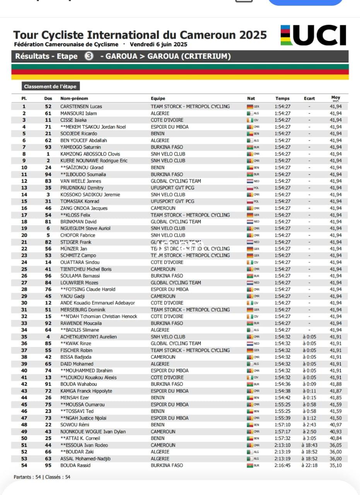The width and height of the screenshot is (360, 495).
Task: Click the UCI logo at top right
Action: (x=313, y=36)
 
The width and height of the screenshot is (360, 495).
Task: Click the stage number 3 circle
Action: (x=89, y=56)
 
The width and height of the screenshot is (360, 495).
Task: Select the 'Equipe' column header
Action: (x=158, y=99)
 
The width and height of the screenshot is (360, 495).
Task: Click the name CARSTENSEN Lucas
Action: (x=81, y=106)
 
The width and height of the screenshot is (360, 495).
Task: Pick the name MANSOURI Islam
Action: (x=78, y=113)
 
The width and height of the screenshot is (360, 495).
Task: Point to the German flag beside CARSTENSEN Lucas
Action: (x=250, y=106)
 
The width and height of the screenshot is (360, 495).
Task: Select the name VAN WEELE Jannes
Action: (x=80, y=181)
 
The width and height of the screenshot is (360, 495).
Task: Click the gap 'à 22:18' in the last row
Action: (x=310, y=465)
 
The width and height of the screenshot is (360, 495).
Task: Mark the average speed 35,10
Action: (x=336, y=465)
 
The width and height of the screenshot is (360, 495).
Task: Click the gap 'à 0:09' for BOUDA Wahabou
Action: (x=309, y=384)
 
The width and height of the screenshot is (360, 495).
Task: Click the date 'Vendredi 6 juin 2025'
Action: (x=159, y=44)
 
